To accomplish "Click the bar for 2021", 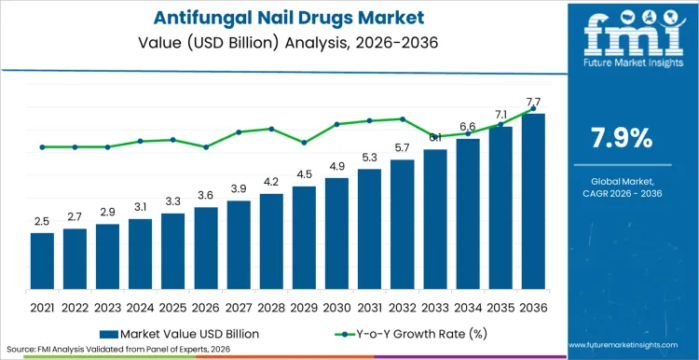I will tap(42, 260).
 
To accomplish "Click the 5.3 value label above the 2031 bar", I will tap(369, 158).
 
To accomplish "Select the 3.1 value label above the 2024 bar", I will tap(140, 206).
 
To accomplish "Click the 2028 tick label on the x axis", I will tap(271, 306).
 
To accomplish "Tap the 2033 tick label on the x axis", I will tap(435, 306).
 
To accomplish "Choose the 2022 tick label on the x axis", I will tap(75, 306).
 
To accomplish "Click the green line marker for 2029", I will tap(304, 143).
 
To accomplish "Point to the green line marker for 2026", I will tap(206, 146).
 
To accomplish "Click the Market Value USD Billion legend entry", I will tap(178, 333).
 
